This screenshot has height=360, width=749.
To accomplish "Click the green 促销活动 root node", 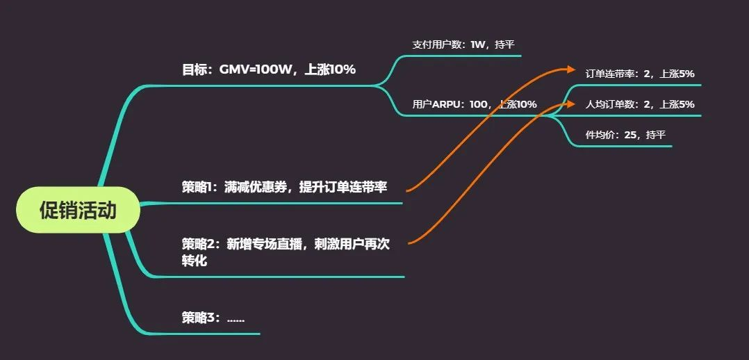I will pyautogui.click(x=78, y=210).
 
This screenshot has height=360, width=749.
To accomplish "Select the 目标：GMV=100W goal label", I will pyautogui.click(x=269, y=69).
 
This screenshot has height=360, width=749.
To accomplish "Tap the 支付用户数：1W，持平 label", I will pyautogui.click(x=463, y=44).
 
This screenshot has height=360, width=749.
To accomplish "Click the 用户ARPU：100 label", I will pyautogui.click(x=475, y=104).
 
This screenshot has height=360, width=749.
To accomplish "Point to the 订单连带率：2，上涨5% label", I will pyautogui.click(x=640, y=73).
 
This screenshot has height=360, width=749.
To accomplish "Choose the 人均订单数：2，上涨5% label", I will pyautogui.click(x=640, y=104).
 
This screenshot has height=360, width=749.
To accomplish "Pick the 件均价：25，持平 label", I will pyautogui.click(x=625, y=135).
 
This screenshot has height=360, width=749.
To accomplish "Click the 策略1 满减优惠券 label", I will pyautogui.click(x=284, y=187).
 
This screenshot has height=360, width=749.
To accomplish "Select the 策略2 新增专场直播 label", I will pyautogui.click(x=284, y=244).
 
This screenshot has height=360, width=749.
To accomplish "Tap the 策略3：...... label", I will pyautogui.click(x=213, y=318).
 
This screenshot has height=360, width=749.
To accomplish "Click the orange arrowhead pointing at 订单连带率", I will pyautogui.click(x=572, y=69).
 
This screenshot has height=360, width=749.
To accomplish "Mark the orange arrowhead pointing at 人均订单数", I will pyautogui.click(x=572, y=103).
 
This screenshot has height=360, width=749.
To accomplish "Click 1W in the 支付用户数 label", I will pyautogui.click(x=477, y=44).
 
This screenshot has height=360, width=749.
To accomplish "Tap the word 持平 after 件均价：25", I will pyautogui.click(x=655, y=135).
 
